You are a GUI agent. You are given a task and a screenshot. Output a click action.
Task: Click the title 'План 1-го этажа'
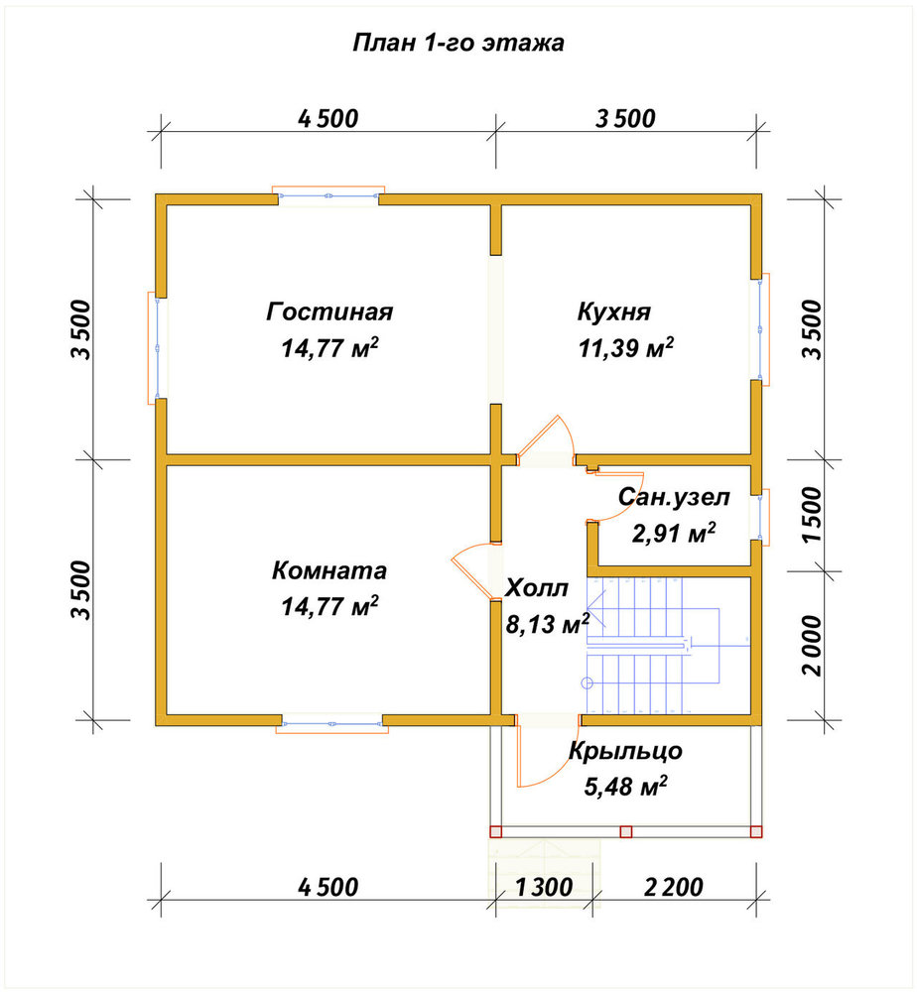click(x=458, y=43)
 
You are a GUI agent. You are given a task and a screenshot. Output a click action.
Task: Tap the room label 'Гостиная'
click(x=329, y=311)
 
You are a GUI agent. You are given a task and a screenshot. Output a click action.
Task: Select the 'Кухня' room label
click(x=614, y=311)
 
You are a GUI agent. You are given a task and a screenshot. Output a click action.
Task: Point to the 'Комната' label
click(x=329, y=570)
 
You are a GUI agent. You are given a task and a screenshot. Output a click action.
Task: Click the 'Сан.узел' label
click(x=674, y=497)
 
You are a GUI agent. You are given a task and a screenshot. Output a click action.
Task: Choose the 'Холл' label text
click(x=537, y=588)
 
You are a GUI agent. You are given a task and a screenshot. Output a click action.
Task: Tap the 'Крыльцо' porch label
click(x=625, y=752)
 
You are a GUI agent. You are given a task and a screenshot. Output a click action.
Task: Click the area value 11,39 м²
click(x=626, y=347)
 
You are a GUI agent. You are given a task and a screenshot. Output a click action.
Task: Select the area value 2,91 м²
click(x=674, y=534)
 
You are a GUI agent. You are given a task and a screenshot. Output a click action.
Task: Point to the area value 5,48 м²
click(x=625, y=787)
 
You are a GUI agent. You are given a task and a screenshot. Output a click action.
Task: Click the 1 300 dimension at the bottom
click(x=544, y=887)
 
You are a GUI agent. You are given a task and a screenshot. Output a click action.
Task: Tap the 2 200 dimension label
click(x=673, y=887)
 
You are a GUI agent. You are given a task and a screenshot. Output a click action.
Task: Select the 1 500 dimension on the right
click(x=813, y=514)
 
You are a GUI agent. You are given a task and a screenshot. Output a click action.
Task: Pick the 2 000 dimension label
click(x=813, y=646)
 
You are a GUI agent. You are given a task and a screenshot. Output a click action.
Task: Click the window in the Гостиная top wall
click(x=328, y=195)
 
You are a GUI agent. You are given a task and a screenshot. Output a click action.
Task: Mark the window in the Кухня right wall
click(x=760, y=329)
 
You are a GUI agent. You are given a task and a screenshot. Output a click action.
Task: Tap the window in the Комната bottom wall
click(x=332, y=724)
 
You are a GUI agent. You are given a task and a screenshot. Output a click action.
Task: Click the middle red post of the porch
click(x=626, y=831)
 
